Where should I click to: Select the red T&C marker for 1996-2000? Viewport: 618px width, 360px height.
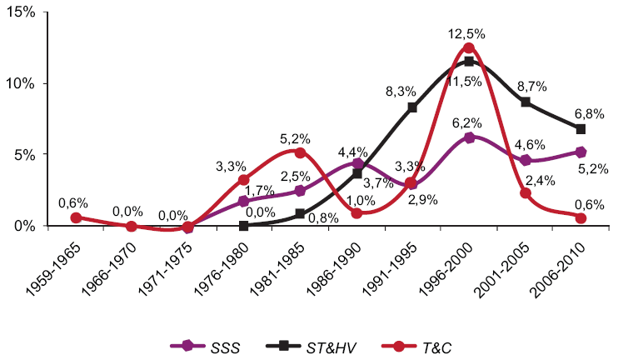point(469,48)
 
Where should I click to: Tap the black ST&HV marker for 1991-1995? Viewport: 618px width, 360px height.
point(412,107)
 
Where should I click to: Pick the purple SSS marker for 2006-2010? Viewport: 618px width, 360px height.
point(581,152)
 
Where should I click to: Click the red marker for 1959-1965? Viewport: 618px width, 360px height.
point(76,217)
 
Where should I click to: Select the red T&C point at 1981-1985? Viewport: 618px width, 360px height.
point(300,152)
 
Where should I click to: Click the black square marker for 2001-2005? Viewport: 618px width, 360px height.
point(526,102)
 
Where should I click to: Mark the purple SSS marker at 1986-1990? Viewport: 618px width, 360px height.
point(356,163)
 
